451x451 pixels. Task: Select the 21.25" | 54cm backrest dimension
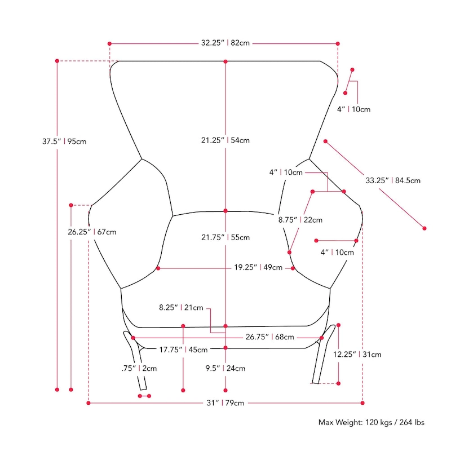coord(225,140)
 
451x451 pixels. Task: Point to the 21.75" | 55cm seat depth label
coord(225,238)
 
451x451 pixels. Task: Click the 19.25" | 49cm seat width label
coord(258,268)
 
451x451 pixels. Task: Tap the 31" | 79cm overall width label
coord(225,403)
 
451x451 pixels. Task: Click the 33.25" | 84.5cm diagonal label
coord(393,181)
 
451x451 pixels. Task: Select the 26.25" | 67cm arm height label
coord(92,232)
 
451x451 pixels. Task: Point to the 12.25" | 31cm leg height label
coord(357,355)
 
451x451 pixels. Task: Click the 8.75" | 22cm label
coord(300,220)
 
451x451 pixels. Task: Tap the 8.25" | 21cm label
coord(181,308)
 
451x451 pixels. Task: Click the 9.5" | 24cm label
coord(225,369)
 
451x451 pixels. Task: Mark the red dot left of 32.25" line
coord(109,43)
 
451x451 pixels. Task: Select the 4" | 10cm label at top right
coord(353,109)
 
